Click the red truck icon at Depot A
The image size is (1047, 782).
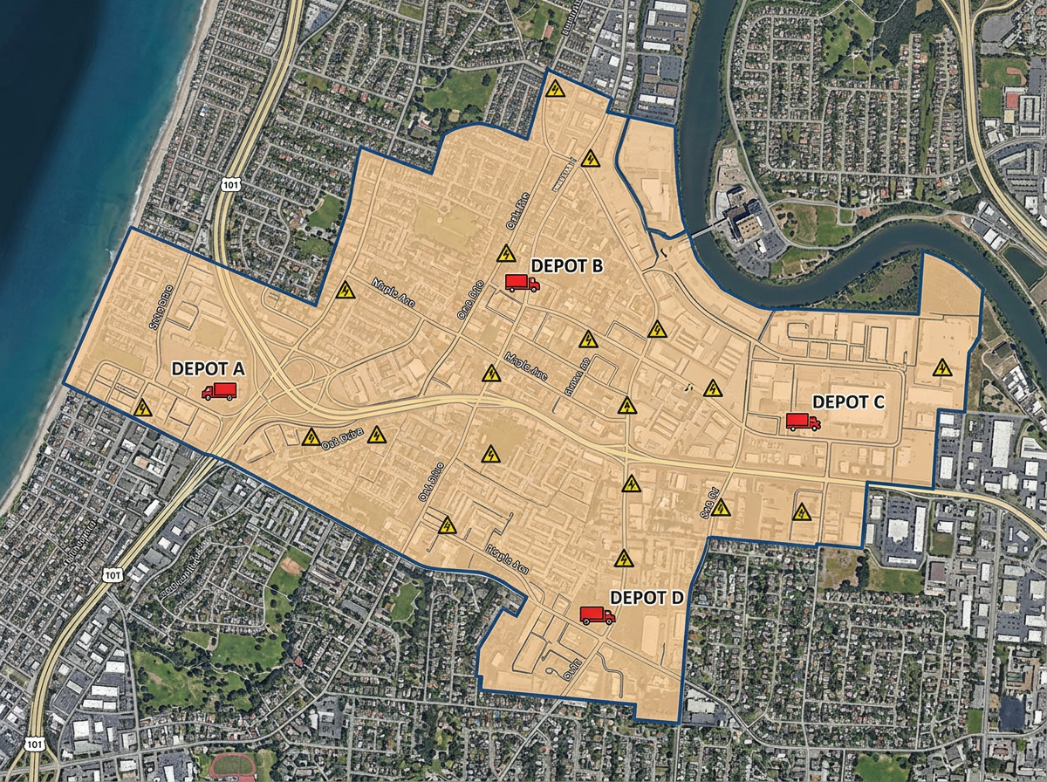click(218, 392)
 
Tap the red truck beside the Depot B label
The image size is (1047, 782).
click(522, 282)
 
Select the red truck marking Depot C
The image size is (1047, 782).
click(803, 422)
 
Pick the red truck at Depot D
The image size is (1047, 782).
click(597, 615)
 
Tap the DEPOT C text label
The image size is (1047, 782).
click(848, 401)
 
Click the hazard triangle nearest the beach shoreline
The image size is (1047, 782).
click(142, 408)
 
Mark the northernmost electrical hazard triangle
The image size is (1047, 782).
click(554, 88)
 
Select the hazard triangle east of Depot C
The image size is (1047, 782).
click(941, 367)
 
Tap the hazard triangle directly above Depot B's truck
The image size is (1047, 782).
click(505, 254)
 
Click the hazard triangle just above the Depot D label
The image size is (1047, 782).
click(623, 559)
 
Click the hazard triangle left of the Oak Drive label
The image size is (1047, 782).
click(311, 436)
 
